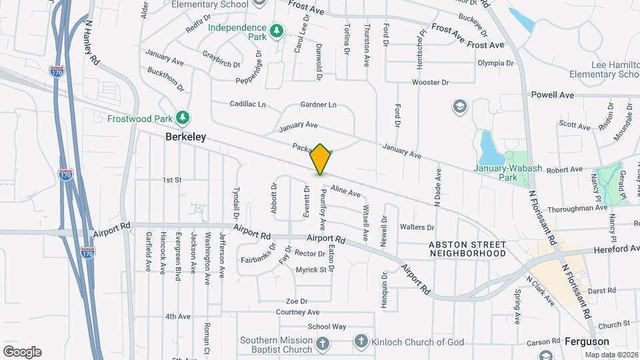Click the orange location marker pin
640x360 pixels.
(321, 159)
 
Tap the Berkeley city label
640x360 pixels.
(185, 137)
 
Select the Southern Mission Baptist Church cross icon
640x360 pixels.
(322, 344)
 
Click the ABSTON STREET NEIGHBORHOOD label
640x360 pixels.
(467, 249)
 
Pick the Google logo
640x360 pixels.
(22, 352)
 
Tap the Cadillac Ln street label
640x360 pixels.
(247, 105)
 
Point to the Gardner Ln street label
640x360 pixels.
(318, 105)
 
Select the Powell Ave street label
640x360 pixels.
(552, 95)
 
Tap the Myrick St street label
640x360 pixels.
(311, 270)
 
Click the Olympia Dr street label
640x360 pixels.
(496, 63)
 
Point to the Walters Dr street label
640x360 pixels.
(417, 227)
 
